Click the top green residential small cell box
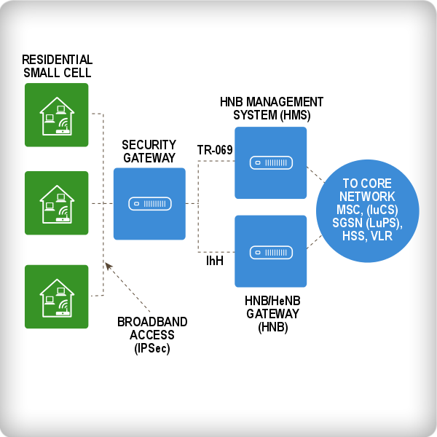56,114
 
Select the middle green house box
56,203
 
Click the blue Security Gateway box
149,204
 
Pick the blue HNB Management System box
270,162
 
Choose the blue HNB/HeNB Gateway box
270,251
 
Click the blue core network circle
368,217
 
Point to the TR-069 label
215,150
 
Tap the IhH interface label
214,260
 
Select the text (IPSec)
152,348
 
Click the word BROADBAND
152,322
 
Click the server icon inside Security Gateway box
149,204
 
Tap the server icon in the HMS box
270,162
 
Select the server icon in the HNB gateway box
270,252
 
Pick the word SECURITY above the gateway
149,145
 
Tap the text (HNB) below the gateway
273,327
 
